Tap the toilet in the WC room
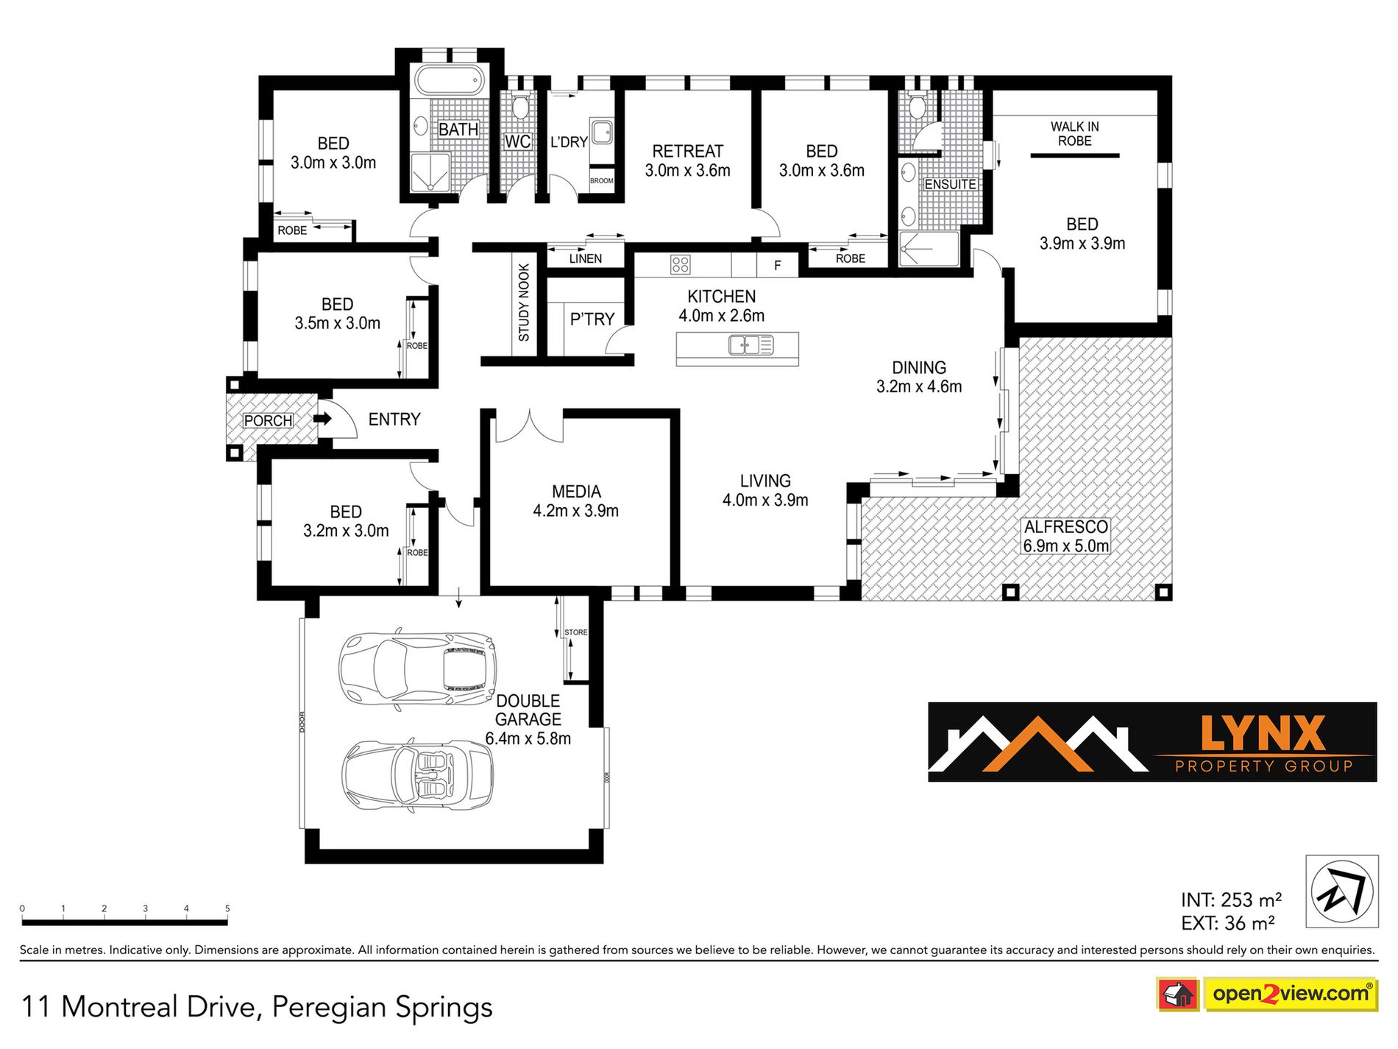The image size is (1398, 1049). (520, 106)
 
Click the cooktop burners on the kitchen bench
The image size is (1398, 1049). (681, 265)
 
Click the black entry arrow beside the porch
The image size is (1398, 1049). (324, 419)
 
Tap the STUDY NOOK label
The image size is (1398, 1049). (524, 303)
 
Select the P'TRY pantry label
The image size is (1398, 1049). (592, 319)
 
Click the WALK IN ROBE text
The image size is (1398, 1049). (1075, 134)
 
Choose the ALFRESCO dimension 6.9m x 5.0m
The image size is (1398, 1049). (1066, 546)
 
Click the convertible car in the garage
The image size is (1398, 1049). (417, 776)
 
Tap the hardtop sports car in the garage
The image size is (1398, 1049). (417, 669)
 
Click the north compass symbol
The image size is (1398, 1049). (1342, 891)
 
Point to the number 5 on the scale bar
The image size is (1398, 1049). (227, 908)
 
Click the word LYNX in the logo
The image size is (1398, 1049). (1263, 733)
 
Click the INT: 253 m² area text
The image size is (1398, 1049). (1232, 900)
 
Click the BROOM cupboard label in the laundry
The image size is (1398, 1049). (601, 181)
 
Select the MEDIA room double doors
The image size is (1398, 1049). (529, 426)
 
